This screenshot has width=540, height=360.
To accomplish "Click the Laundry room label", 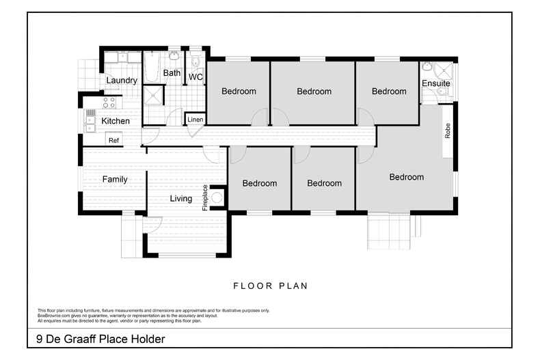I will [122, 81].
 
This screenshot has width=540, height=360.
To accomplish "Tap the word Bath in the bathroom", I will [172, 73].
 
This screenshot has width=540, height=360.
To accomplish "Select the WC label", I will [195, 77].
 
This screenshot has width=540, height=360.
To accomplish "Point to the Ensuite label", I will [435, 83].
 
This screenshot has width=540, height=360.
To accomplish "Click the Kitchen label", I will [116, 121].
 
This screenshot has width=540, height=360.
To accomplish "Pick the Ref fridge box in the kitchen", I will [113, 140].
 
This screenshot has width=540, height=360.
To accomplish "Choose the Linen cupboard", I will [195, 120].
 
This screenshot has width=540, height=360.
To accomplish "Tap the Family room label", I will [115, 180].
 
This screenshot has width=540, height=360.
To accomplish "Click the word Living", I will [181, 199].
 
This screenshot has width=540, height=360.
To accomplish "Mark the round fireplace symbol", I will [218, 198].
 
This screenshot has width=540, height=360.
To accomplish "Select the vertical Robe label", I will [448, 131].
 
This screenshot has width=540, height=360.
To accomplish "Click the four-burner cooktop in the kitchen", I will [109, 102].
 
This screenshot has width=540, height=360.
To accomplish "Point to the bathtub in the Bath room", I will [151, 69].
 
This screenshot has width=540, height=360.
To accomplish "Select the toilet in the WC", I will [195, 64].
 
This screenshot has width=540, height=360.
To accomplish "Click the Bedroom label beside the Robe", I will [407, 177].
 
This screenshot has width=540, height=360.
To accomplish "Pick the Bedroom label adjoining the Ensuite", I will [389, 91].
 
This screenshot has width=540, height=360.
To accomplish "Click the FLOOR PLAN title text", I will [270, 286].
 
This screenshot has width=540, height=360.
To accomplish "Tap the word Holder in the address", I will [144, 339].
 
